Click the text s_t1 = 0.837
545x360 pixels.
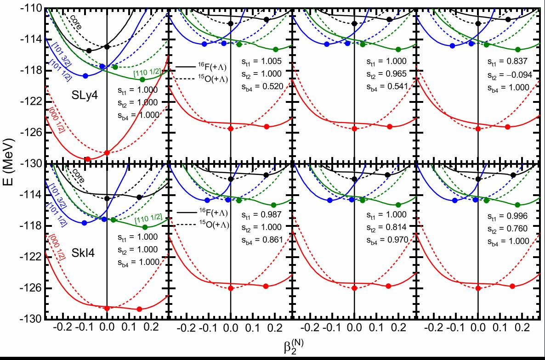(x=508, y=62)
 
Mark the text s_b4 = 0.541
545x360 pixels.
(x=385, y=85)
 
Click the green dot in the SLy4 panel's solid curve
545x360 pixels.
(x=142, y=79)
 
